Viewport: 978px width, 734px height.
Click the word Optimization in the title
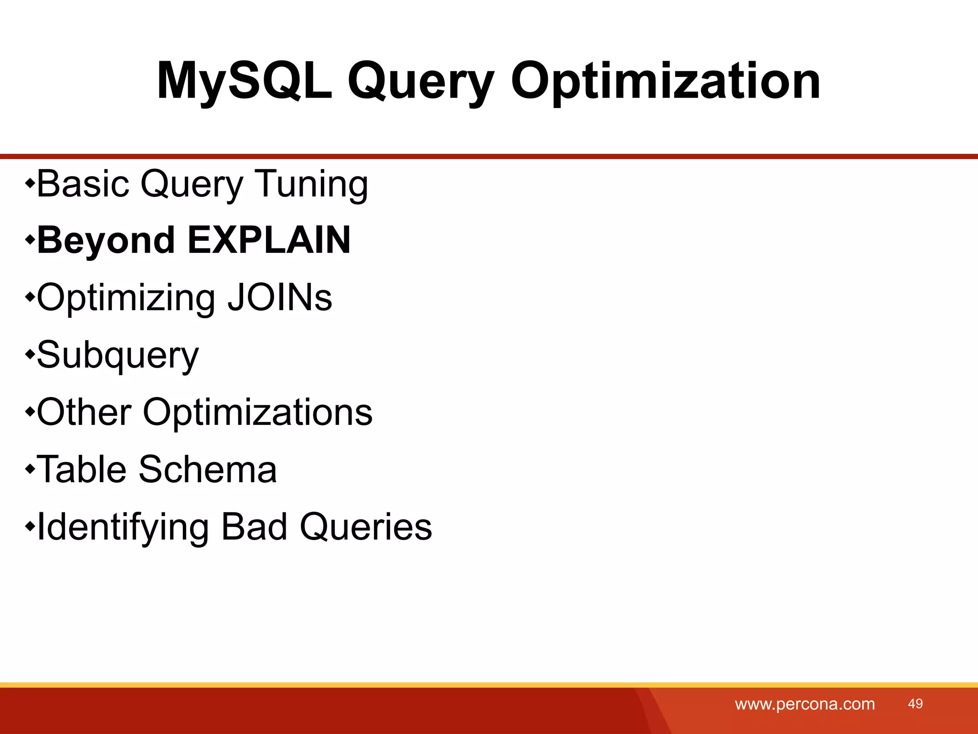tap(666, 81)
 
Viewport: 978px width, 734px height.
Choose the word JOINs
tap(279, 297)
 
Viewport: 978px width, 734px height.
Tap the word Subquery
tap(117, 356)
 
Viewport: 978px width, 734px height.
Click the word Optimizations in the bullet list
tap(257, 412)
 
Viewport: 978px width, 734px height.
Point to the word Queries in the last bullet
tap(366, 527)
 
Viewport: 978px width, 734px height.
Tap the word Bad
tap(255, 527)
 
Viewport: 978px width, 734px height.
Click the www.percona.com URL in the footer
tap(805, 704)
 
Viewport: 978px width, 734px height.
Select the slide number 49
tap(915, 703)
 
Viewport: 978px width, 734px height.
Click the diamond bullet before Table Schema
tap(30, 469)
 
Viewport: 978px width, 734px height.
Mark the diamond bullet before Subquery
tap(30, 354)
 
